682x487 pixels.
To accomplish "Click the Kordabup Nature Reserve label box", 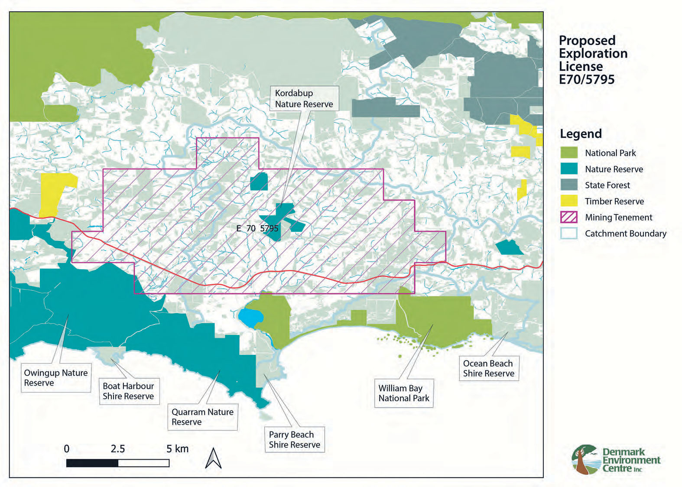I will pos(304,99).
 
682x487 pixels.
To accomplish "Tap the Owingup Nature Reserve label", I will pos(56,378).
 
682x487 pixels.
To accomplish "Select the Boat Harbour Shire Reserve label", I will pos(129,391).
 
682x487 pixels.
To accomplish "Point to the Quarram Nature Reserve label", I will pos(202,417).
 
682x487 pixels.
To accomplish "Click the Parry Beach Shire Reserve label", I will pos(294,439).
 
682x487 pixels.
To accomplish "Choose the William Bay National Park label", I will pos(404,393).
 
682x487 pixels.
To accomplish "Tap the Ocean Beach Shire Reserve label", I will pos(488,368).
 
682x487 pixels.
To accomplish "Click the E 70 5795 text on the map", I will pos(257,228).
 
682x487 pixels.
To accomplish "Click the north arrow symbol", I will pos(213,458).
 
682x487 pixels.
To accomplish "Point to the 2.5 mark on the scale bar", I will pos(117,449).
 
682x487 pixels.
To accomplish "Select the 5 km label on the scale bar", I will pos(177,449).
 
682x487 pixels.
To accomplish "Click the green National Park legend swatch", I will pos(568,153).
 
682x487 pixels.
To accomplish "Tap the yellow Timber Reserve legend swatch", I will pos(568,201).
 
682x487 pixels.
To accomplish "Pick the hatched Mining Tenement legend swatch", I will pos(568,217).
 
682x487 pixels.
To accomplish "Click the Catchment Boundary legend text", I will pos(625,234).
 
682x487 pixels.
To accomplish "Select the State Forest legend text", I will pos(607,185).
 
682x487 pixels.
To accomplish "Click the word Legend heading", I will pos(581,133).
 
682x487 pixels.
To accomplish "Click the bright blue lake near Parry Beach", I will pos(250,318).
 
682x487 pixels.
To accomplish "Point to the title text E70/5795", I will pos(586,80).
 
